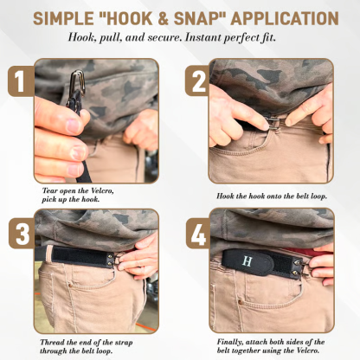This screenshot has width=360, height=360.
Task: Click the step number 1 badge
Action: [18, 83]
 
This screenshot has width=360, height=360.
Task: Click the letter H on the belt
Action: [248, 260]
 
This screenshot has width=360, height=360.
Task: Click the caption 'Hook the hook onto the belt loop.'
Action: [272, 196]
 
